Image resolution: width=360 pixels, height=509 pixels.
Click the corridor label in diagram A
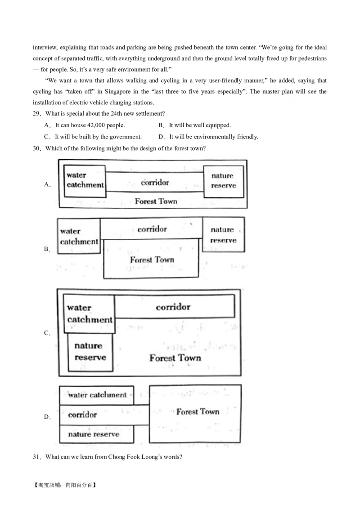[x=155, y=183]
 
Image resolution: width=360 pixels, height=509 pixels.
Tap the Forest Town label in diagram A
[x=156, y=201]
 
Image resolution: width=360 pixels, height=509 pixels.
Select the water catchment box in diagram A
[x=85, y=181]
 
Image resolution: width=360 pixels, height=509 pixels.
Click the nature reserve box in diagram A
[x=223, y=181]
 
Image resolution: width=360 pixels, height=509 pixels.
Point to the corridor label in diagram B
[x=152, y=229]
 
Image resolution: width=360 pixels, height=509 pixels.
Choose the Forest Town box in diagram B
[x=152, y=259]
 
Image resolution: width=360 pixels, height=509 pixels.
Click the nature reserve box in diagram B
[x=223, y=235]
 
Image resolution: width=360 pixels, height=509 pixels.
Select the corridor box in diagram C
[x=174, y=307]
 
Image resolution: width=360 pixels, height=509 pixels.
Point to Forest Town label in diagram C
[x=175, y=358]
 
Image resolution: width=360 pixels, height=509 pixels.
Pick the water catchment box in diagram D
[x=97, y=395]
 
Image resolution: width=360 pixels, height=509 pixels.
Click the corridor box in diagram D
[x=103, y=415]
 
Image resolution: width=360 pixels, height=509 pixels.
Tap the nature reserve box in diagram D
[x=96, y=434]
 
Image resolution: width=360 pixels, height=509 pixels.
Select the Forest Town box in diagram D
[x=195, y=413]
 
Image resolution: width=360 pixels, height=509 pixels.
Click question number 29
[x=37, y=113]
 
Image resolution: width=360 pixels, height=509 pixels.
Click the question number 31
[x=37, y=457]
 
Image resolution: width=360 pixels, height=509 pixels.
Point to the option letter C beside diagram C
[x=46, y=333]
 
